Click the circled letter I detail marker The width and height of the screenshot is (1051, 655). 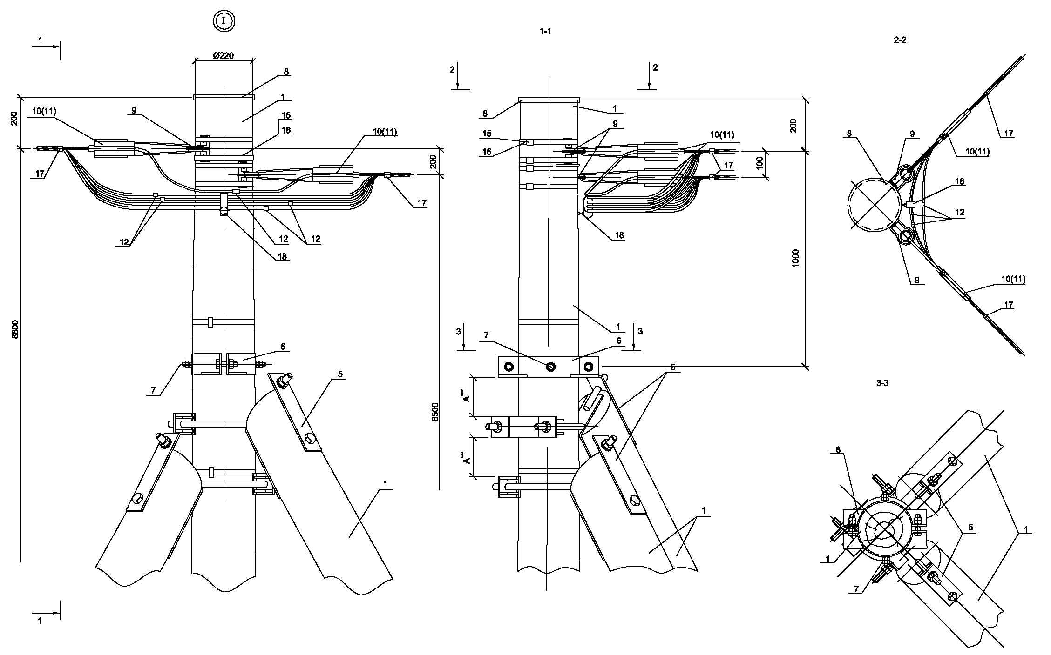tap(224, 21)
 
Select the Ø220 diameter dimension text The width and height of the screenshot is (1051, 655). tap(224, 55)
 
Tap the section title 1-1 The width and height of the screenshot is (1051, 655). tap(546, 32)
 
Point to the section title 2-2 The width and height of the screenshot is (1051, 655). tap(900, 40)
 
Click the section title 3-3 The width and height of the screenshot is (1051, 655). tap(882, 383)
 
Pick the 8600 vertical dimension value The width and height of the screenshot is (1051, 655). tap(15, 329)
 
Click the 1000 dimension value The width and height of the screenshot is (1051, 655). tap(795, 257)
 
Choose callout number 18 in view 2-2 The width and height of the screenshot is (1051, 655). tap(959, 181)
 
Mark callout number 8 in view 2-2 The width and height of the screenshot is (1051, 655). tap(849, 134)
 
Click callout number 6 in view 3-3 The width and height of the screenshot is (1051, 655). tap(838, 450)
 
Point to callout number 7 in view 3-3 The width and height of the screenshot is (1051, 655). tap(856, 589)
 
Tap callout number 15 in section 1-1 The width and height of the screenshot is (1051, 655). tap(487, 134)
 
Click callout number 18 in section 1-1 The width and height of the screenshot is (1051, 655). tap(619, 235)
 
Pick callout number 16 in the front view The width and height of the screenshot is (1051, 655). tap(286, 130)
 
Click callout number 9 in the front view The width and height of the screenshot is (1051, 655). tap(134, 111)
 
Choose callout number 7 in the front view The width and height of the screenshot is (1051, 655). tap(154, 391)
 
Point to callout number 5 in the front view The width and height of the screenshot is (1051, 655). tap(340, 374)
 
